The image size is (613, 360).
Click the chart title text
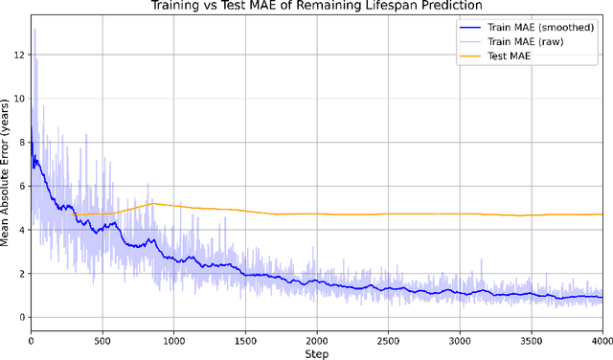click(317, 7)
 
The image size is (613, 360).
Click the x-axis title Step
click(317, 352)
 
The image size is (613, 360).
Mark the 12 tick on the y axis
click(19, 55)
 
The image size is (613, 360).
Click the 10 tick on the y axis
click(19, 99)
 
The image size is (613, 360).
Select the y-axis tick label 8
click(21, 142)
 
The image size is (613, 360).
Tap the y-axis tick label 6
click(21, 186)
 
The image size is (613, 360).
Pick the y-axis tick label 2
click(21, 273)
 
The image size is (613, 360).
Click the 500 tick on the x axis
click(102, 339)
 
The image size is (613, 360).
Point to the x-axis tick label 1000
click(173, 339)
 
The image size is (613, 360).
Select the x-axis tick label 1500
click(245, 339)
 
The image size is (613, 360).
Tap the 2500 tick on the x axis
click(388, 339)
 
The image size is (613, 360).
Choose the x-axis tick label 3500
click(531, 339)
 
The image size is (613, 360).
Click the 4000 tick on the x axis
click(601, 339)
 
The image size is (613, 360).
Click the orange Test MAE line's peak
click(153, 203)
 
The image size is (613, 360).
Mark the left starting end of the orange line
click(74, 214)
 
